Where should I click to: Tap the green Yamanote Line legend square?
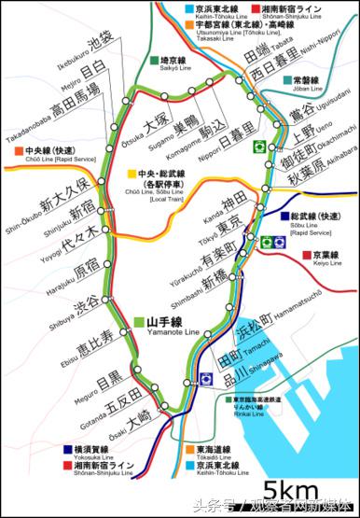[x=136, y=318]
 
